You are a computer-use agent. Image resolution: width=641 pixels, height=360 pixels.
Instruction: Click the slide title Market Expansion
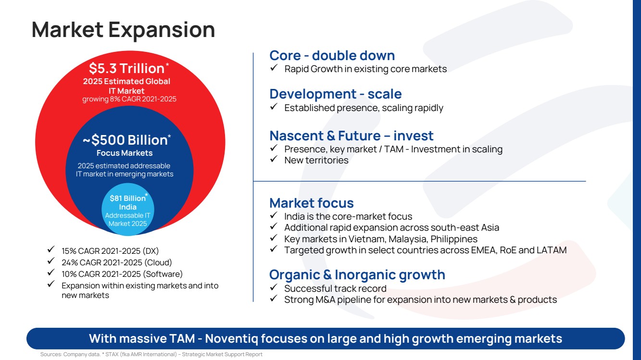(123, 30)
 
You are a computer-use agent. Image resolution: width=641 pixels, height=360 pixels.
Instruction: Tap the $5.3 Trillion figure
(127, 68)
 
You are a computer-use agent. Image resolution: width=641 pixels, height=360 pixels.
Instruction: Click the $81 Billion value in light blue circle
(127, 198)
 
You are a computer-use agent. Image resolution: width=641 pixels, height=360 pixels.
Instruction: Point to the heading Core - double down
(332, 55)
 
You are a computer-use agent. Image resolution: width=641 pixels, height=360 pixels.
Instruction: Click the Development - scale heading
(335, 94)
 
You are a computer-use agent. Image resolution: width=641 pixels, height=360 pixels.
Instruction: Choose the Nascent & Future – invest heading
(352, 136)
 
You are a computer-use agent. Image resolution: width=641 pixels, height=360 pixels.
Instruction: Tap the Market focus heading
(311, 203)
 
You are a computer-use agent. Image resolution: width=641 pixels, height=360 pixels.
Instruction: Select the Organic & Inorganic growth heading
(357, 275)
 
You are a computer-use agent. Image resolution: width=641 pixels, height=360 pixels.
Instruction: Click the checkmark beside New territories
(274, 159)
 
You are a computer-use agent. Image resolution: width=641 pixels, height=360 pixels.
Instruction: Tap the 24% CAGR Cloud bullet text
(117, 262)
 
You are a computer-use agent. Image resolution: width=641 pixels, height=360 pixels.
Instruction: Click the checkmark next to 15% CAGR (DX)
(51, 249)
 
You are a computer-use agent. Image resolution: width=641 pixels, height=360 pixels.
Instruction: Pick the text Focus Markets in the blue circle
(125, 153)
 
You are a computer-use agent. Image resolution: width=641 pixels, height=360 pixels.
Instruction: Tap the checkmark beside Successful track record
(274, 287)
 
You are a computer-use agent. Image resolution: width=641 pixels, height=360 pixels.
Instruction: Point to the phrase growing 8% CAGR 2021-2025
(129, 99)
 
